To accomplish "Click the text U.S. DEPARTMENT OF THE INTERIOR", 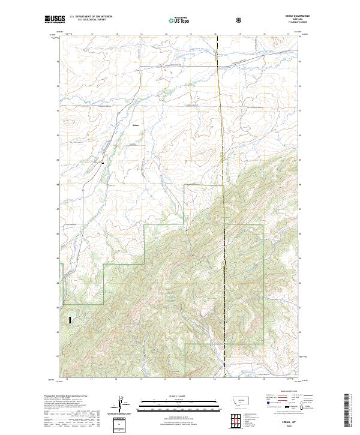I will coord(91,17).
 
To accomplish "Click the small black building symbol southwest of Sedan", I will coord(103,161).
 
